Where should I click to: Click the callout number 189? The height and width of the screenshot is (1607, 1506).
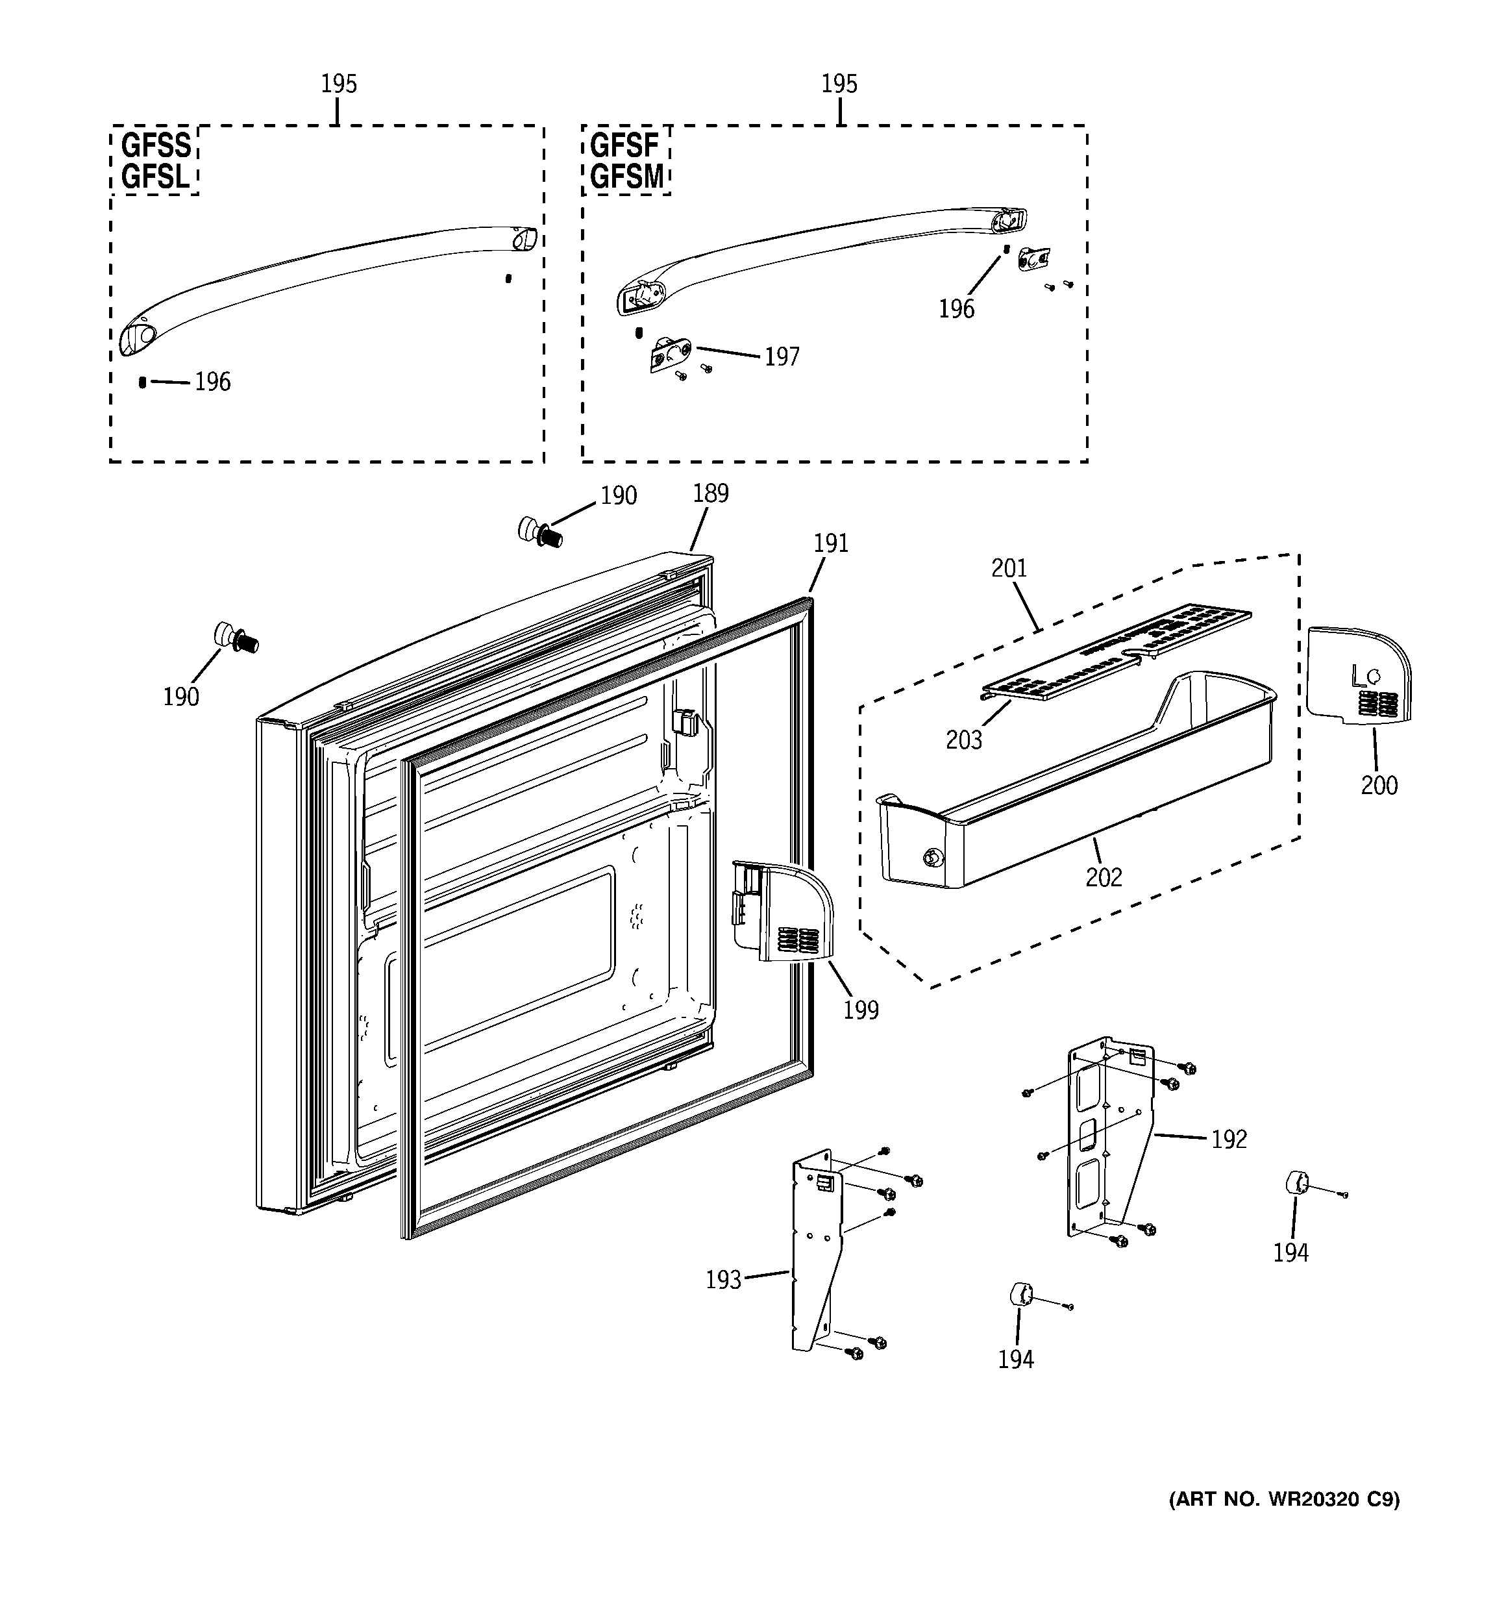pyautogui.click(x=711, y=493)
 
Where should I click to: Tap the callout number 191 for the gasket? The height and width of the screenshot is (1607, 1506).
pyautogui.click(x=830, y=543)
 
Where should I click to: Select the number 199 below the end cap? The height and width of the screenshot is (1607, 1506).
pyautogui.click(x=860, y=1010)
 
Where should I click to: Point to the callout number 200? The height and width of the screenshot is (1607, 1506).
pyautogui.click(x=1378, y=785)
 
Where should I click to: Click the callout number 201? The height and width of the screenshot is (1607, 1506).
pyautogui.click(x=1009, y=568)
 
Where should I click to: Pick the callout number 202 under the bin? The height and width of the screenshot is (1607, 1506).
pyautogui.click(x=1104, y=877)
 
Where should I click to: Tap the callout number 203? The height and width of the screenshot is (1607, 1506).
pyautogui.click(x=963, y=740)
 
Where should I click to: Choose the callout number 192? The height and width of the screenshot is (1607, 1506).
pyautogui.click(x=1229, y=1139)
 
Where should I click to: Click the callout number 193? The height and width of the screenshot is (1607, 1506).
pyautogui.click(x=722, y=1280)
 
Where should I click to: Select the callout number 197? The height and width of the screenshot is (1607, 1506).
pyautogui.click(x=782, y=356)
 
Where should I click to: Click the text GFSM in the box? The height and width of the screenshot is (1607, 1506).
pyautogui.click(x=626, y=176)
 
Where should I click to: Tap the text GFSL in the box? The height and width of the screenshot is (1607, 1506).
pyautogui.click(x=155, y=176)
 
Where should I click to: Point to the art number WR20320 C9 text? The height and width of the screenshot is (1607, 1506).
pyautogui.click(x=1284, y=1499)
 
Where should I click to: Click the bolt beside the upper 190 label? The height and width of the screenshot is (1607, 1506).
pyautogui.click(x=540, y=532)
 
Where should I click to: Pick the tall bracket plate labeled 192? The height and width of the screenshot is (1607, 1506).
pyautogui.click(x=1107, y=1140)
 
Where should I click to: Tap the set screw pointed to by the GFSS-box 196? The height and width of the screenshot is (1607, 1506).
pyautogui.click(x=143, y=382)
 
